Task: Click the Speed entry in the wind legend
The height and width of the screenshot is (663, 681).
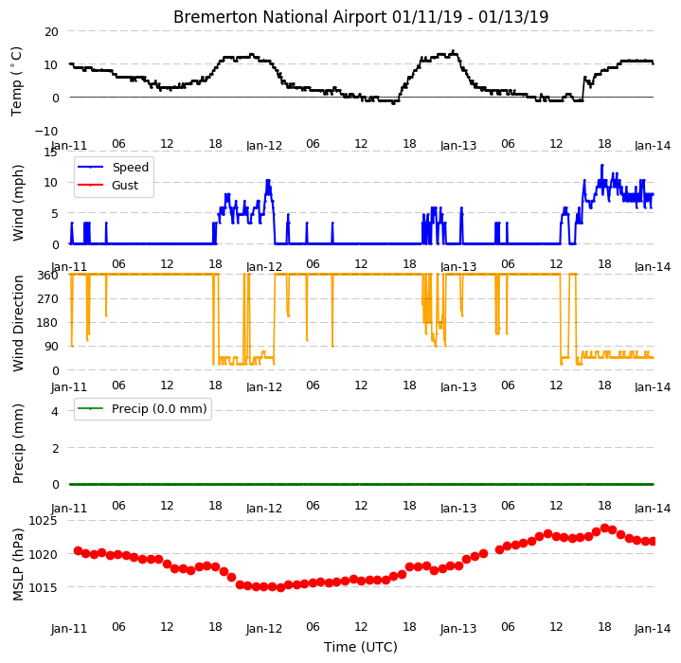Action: point(131,167)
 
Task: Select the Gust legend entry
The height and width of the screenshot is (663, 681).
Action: point(125,186)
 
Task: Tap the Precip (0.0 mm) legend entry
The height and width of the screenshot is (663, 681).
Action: point(159,409)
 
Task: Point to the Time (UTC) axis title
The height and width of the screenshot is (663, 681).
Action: point(361,647)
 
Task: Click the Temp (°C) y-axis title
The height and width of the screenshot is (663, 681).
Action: point(16,81)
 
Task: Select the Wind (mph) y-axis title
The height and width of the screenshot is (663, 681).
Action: point(18,203)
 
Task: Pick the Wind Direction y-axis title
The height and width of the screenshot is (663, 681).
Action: point(18,324)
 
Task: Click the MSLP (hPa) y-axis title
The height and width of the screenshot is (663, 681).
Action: point(18,564)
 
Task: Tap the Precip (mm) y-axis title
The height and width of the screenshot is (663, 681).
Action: point(18,444)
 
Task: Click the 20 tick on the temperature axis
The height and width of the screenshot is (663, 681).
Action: point(51,31)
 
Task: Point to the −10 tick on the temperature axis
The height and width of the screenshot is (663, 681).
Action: point(46,131)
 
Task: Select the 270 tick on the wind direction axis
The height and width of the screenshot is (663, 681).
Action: point(47,299)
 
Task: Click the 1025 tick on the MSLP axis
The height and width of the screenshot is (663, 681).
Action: point(43,521)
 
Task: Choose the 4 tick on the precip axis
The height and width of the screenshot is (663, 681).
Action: point(55,411)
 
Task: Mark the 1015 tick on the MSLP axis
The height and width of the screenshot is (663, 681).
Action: point(43,587)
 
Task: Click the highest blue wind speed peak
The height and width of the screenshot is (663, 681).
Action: point(602,166)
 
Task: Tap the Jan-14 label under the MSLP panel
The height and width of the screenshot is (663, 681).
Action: point(653,628)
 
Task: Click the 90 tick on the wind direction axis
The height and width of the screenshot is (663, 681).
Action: point(51,347)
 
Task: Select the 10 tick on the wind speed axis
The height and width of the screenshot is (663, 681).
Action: point(51,183)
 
